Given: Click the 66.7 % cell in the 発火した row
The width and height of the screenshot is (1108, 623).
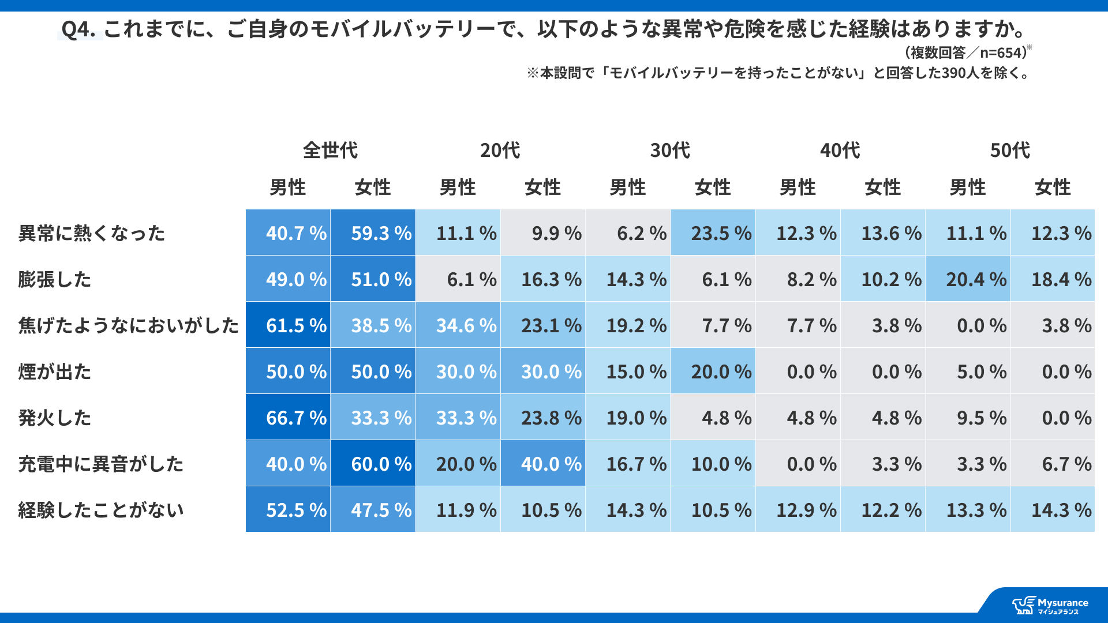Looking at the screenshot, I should [288, 417].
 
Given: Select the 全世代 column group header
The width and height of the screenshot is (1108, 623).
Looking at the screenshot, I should [330, 150].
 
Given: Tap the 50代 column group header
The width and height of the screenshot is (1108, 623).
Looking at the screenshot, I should [1010, 150].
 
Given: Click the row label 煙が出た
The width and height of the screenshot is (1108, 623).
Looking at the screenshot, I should [55, 371].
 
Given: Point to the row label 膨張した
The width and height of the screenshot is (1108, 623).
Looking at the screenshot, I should [55, 279].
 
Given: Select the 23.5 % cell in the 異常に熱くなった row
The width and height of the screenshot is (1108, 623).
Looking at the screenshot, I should [713, 232].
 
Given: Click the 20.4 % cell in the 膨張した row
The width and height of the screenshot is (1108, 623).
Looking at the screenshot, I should [968, 279].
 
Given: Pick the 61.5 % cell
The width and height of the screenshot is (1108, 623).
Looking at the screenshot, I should [288, 325].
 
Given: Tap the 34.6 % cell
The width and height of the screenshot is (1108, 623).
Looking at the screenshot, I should [458, 325].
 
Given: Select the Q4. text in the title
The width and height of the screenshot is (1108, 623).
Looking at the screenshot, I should [78, 29].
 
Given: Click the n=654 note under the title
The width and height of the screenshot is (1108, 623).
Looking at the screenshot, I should [967, 52].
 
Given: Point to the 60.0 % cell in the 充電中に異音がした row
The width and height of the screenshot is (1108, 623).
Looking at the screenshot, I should [373, 463].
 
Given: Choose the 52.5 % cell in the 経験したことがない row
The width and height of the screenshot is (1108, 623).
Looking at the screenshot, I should [288, 509].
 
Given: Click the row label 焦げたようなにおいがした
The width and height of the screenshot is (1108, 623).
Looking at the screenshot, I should [128, 325].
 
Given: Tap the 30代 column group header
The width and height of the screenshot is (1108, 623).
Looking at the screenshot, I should [670, 150].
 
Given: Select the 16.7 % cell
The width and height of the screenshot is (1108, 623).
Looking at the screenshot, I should [628, 463].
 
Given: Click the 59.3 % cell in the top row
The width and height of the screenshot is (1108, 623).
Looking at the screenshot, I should [373, 232].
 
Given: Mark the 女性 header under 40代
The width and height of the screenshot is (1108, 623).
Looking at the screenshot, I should [882, 187].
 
